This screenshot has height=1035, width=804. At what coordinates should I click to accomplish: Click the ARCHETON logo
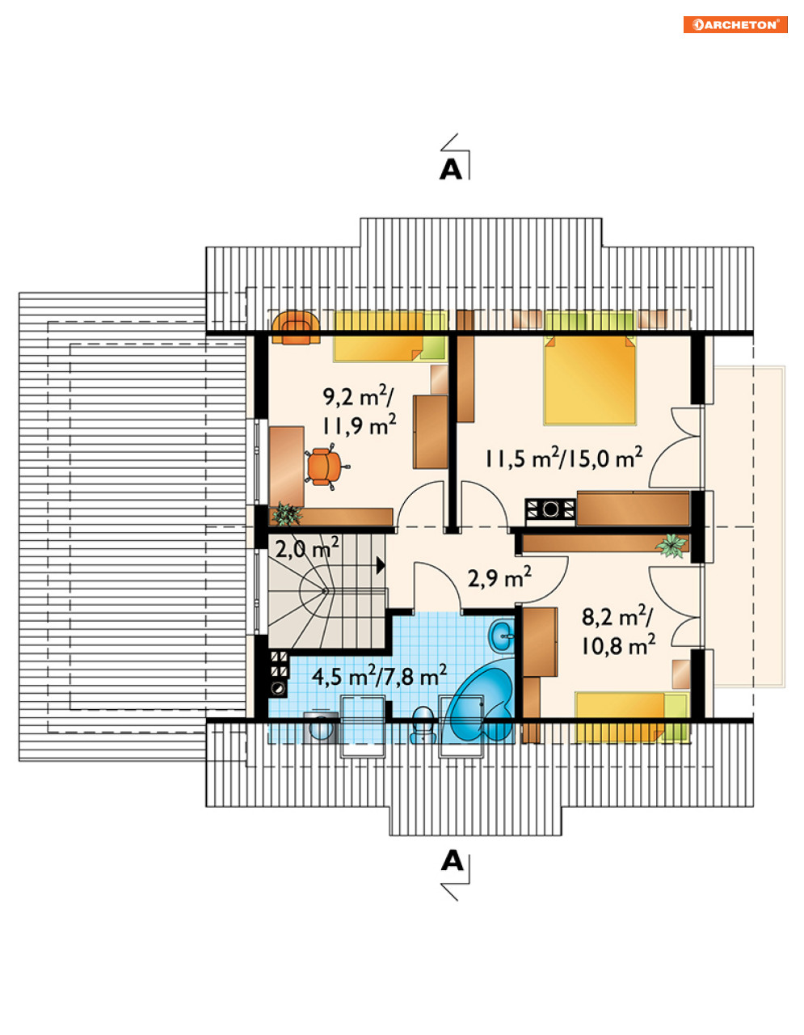tap(735, 25)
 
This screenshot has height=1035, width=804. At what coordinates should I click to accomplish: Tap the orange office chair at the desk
tap(325, 467)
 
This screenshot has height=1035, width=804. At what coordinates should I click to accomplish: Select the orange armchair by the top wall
tap(296, 327)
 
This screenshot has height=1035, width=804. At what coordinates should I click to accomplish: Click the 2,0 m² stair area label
tap(307, 550)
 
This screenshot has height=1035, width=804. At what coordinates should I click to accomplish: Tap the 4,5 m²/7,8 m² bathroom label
tap(379, 677)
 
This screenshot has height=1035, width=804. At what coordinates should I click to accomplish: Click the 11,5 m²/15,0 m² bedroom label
tap(564, 459)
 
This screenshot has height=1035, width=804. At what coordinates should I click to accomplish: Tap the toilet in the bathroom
tap(423, 725)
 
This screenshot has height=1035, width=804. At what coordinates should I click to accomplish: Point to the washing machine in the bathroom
tap(320, 727)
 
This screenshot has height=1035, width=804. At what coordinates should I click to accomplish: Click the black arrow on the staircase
tap(381, 565)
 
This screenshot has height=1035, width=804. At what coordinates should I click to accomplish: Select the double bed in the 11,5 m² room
tap(590, 379)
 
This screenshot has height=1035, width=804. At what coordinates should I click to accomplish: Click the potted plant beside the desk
tap(286, 514)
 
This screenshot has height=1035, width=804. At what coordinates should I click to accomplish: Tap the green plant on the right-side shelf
tap(671, 545)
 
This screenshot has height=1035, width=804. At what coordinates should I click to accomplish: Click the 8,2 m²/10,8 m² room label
tap(618, 632)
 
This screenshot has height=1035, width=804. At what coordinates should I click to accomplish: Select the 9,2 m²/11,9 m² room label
tap(360, 411)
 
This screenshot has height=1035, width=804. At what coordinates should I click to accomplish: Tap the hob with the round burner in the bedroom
tap(550, 509)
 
